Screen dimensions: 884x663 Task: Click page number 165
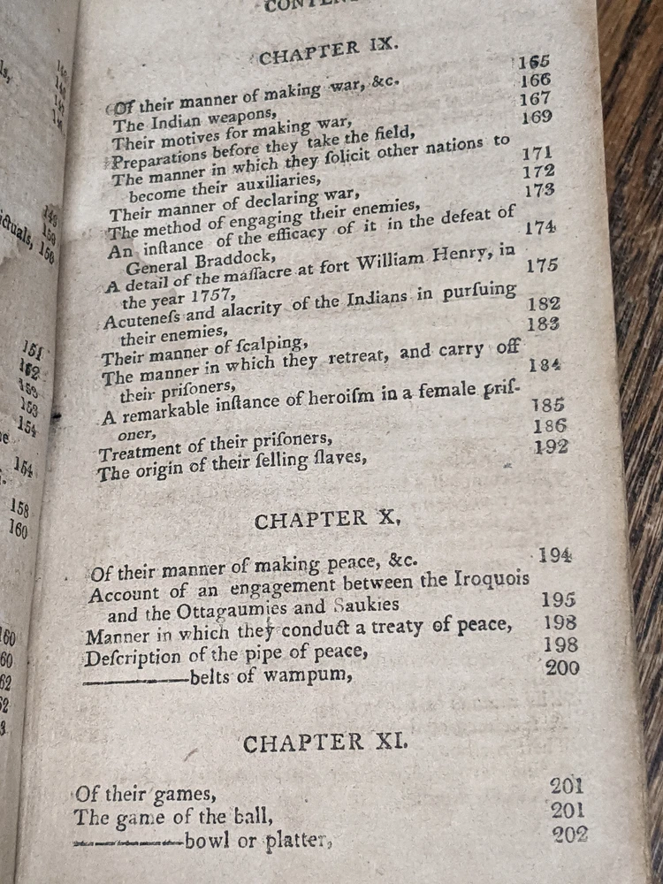[534, 62]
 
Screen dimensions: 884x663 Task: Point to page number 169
[537, 118]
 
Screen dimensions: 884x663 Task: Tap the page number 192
[551, 447]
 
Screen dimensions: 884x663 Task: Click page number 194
[555, 555]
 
